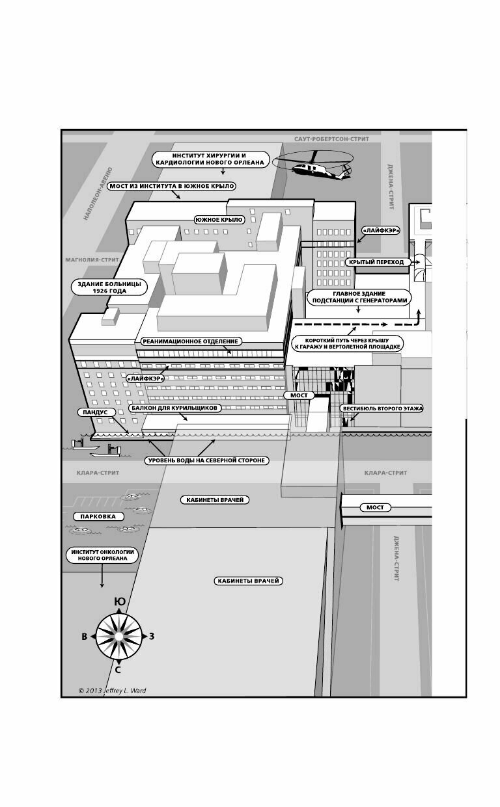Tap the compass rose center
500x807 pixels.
click(118, 636)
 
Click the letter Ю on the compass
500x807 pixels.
click(119, 602)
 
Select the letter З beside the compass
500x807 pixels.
click(152, 636)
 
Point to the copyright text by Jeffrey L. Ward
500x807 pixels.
click(112, 691)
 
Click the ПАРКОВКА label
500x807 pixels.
click(98, 516)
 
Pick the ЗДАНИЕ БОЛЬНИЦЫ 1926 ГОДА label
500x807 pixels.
click(109, 287)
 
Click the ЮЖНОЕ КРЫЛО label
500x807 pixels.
click(219, 220)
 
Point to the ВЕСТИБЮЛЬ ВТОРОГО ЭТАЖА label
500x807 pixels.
click(383, 409)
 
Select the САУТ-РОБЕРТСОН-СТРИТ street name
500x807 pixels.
click(331, 139)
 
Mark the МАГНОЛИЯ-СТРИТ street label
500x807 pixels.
click(91, 259)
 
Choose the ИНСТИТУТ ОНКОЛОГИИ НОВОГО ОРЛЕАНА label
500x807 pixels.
click(102, 555)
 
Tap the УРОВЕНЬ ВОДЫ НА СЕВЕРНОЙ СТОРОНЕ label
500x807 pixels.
click(207, 460)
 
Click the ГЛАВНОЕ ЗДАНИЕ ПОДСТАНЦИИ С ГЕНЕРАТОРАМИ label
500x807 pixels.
click(359, 297)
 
